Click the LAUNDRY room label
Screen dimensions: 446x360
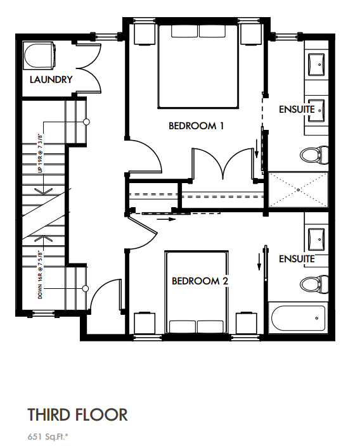coord(51,80)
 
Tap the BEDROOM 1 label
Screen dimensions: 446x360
coord(196,125)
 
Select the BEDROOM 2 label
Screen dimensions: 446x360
coord(200,281)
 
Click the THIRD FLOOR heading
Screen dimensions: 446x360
coord(77,415)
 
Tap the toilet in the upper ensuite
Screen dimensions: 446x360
coord(314,154)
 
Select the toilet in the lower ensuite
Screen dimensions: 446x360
coord(314,284)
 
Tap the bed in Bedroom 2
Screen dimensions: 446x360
coord(196,291)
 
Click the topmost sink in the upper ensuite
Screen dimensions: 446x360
coord(317,63)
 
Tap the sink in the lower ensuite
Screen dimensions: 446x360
coord(317,239)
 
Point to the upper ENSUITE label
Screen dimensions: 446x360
coord(297,110)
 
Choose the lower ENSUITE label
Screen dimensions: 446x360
coord(297,258)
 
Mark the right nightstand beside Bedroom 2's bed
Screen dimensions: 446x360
coord(247,321)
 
